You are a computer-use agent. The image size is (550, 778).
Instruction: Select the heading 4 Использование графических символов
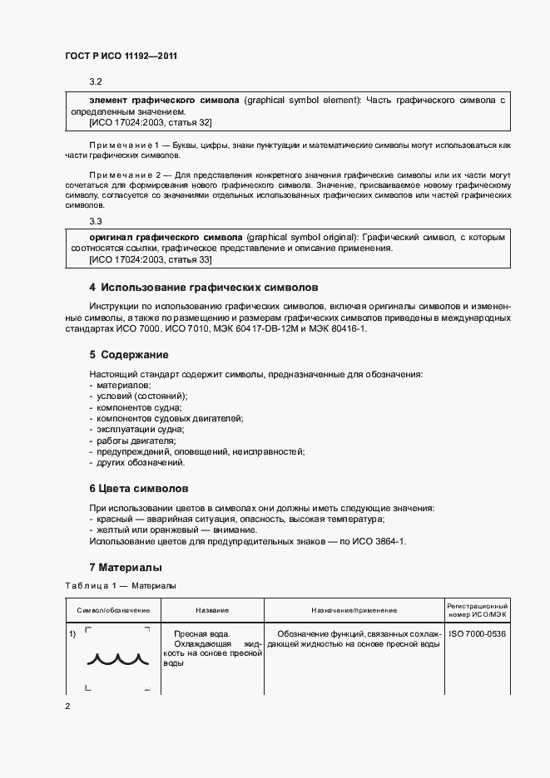coord(203,287)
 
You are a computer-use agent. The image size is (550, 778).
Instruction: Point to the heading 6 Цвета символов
coord(139,488)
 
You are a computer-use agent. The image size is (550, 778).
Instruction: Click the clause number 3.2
coord(96,81)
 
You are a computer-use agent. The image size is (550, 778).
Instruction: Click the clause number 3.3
coord(96,221)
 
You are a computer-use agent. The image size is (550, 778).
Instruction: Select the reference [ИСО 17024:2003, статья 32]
coord(150,122)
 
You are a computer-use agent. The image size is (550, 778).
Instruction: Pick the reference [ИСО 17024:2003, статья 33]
coord(150,260)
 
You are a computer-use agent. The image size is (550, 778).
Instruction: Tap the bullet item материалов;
coord(122,386)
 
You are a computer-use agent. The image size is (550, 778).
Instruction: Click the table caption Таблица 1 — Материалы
coord(121,585)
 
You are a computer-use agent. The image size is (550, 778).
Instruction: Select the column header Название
coord(212,611)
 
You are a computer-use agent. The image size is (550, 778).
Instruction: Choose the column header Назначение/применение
coord(354,611)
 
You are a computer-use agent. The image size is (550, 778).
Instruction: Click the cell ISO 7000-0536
coord(478,634)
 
